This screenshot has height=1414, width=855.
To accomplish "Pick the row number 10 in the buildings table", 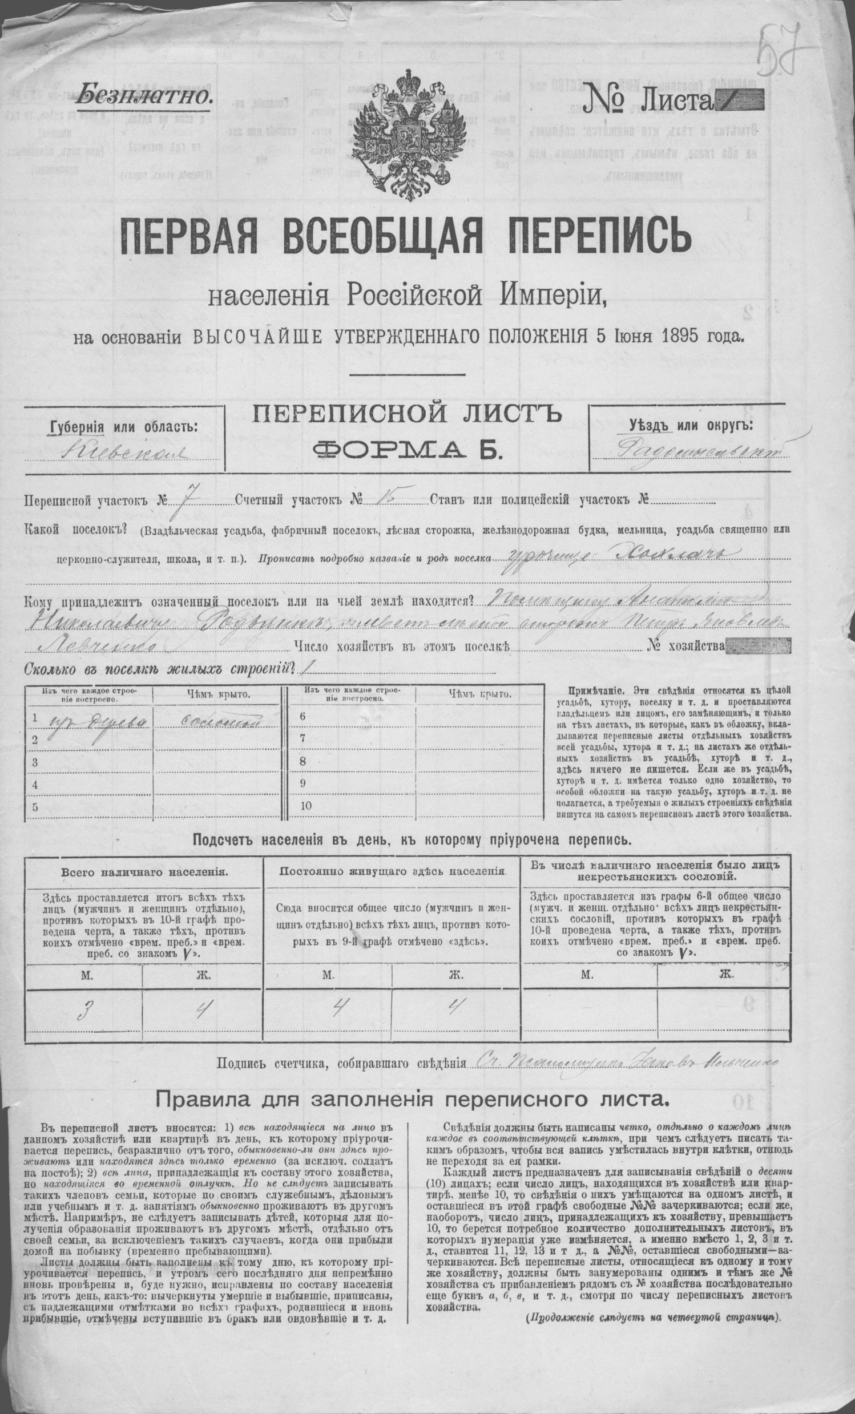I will pyautogui.click(x=305, y=805).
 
